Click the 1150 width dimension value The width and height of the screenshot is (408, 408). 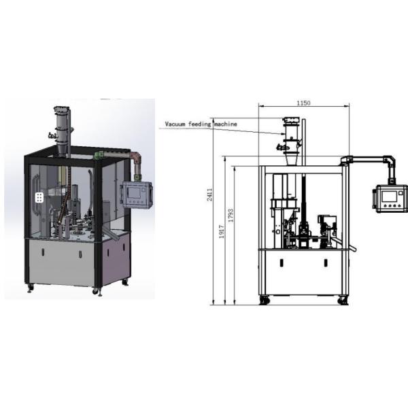pyautogui.click(x=303, y=103)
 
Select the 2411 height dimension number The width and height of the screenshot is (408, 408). pyautogui.click(x=209, y=194)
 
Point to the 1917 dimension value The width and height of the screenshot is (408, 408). pyautogui.click(x=222, y=232)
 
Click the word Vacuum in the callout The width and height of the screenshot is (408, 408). pyautogui.click(x=175, y=124)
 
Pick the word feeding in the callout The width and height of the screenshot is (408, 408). pyautogui.click(x=199, y=124)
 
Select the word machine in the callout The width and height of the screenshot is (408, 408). pyautogui.click(x=226, y=124)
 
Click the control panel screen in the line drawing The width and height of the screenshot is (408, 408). pyautogui.click(x=389, y=197)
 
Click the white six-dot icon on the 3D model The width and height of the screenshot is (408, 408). pyautogui.click(x=39, y=197)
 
